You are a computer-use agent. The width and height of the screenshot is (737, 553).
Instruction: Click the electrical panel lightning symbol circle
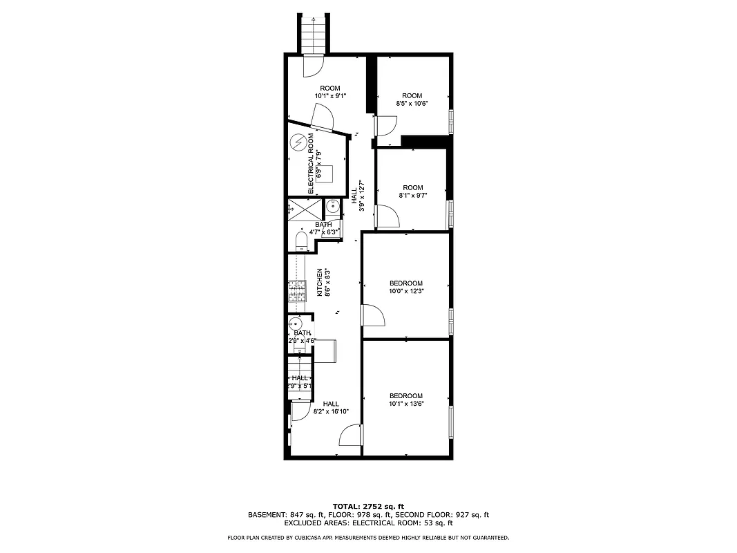(x=298, y=142)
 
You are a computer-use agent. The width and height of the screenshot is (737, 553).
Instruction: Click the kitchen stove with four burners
(x=297, y=291)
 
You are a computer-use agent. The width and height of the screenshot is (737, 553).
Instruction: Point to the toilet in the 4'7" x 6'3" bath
(x=301, y=241)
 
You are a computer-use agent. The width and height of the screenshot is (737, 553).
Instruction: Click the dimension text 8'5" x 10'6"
(x=412, y=104)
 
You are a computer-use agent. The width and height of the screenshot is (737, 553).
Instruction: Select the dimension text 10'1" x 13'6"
(x=406, y=404)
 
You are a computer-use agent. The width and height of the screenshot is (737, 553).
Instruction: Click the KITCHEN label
(x=320, y=282)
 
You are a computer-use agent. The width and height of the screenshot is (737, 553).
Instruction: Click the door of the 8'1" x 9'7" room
(x=387, y=216)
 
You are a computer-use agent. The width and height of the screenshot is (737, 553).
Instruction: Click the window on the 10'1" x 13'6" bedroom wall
(x=450, y=422)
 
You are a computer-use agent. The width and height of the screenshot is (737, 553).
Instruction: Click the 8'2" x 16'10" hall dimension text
(x=331, y=411)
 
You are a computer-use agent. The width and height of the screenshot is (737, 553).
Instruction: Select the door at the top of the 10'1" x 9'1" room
(x=312, y=66)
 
